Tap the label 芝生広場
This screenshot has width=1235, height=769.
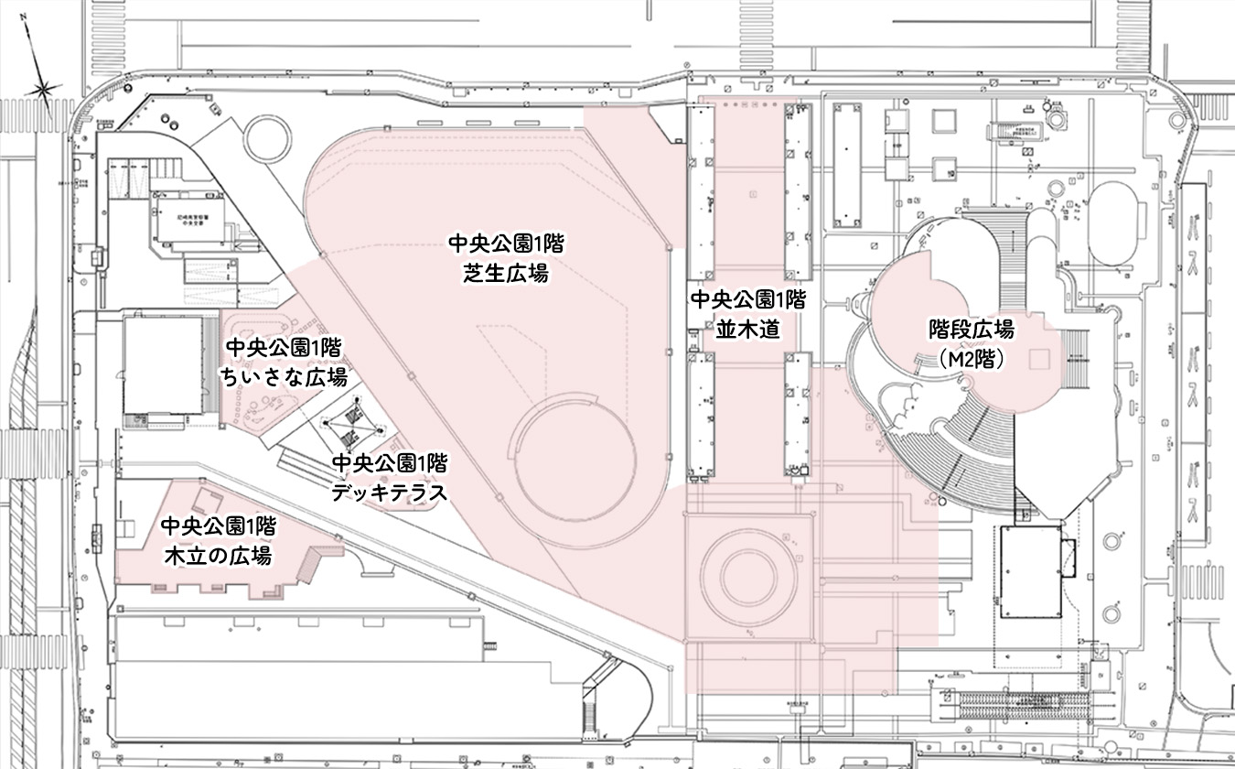point(505,272)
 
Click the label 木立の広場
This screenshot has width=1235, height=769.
point(217,555)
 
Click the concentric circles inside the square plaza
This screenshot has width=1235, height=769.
point(749,576)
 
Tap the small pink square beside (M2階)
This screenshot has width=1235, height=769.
point(1038,358)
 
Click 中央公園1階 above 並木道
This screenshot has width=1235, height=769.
point(747,299)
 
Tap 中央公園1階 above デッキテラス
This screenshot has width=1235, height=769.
point(389,462)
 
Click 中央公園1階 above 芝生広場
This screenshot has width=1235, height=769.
point(505,243)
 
